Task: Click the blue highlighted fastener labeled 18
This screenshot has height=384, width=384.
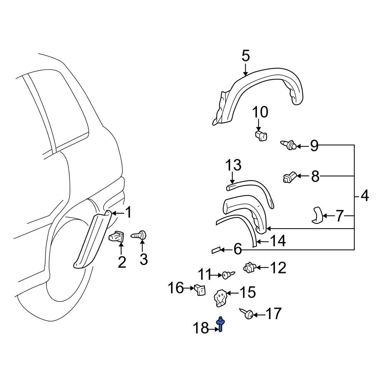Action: (221, 324)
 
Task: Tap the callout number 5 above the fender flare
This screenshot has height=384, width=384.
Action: (246, 56)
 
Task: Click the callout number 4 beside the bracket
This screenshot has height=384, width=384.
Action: (364, 196)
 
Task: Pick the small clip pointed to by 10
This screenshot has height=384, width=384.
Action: (261, 135)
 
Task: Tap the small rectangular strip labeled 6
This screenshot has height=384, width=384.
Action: (217, 250)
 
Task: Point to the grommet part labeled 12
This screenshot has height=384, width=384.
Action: (250, 267)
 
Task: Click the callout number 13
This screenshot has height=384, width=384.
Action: (233, 166)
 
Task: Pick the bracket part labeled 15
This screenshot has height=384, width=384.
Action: (220, 298)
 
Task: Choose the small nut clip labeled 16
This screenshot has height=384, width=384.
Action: (199, 290)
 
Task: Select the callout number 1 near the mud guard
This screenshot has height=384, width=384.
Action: (129, 212)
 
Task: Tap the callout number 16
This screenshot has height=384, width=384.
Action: (177, 288)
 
